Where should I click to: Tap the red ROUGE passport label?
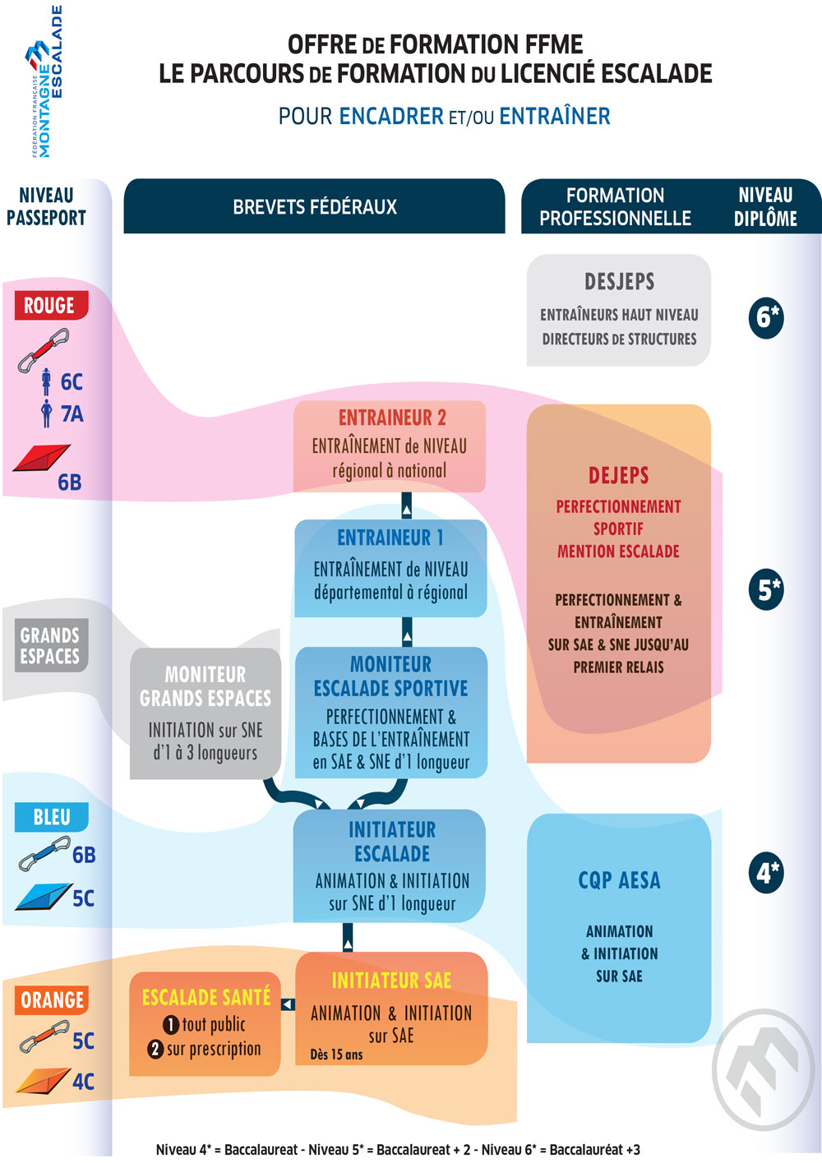(x=49, y=306)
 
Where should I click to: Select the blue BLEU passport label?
(x=51, y=817)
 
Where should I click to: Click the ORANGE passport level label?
(x=52, y=999)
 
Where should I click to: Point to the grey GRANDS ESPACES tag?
(x=50, y=646)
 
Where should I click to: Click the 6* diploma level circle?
(x=766, y=317)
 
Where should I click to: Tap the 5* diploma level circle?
(x=766, y=590)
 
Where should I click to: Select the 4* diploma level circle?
(x=766, y=873)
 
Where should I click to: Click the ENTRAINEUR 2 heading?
(x=391, y=418)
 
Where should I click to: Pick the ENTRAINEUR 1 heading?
(x=390, y=538)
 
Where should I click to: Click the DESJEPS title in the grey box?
(x=619, y=282)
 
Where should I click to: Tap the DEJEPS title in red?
(x=618, y=475)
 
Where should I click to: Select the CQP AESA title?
(x=619, y=880)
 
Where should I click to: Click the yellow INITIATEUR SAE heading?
(x=391, y=981)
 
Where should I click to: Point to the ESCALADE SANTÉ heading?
(x=205, y=997)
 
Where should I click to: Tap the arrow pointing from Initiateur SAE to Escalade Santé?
(x=288, y=1004)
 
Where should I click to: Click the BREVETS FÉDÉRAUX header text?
(x=314, y=207)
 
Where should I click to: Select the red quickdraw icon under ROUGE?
(x=44, y=350)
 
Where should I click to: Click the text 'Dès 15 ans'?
(x=336, y=1055)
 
